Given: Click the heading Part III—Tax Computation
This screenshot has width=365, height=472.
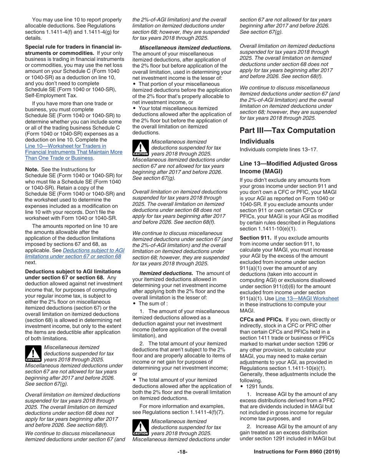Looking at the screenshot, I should pyautogui.click(x=287, y=130).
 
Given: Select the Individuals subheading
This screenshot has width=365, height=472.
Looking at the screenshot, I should pyautogui.click(x=257, y=141).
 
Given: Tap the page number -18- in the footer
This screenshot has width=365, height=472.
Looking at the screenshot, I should pyautogui.click(x=182, y=452).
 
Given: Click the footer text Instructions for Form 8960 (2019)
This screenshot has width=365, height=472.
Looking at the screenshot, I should pyautogui.click(x=297, y=452).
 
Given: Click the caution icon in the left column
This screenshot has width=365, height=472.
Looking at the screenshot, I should pyautogui.click(x=33, y=354).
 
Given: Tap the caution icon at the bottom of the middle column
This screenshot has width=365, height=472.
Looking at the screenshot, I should pyautogui.click(x=140, y=427).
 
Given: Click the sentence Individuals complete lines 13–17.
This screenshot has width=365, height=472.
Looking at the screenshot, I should pyautogui.click(x=279, y=149).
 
